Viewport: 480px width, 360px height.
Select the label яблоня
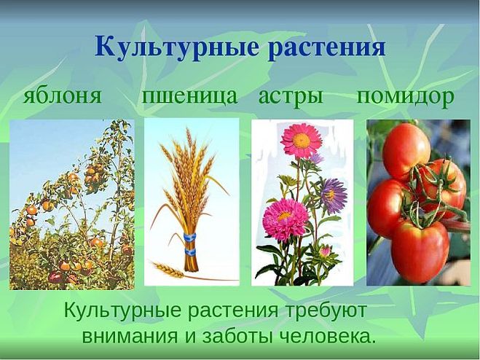pyautogui.click(x=63, y=95)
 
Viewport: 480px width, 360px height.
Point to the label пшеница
pyautogui.click(x=189, y=96)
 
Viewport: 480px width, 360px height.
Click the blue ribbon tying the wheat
pyautogui.click(x=190, y=243)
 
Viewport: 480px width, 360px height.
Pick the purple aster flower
pyautogui.click(x=334, y=195)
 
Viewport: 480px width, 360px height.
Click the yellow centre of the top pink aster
pyautogui.click(x=302, y=141)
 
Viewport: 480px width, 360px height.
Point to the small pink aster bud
pyautogui.click(x=325, y=251)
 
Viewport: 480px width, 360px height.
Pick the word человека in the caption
pyautogui.click(x=328, y=337)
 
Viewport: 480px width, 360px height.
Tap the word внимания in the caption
pyautogui.click(x=130, y=337)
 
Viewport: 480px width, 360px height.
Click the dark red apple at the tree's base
pyautogui.click(x=55, y=277)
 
